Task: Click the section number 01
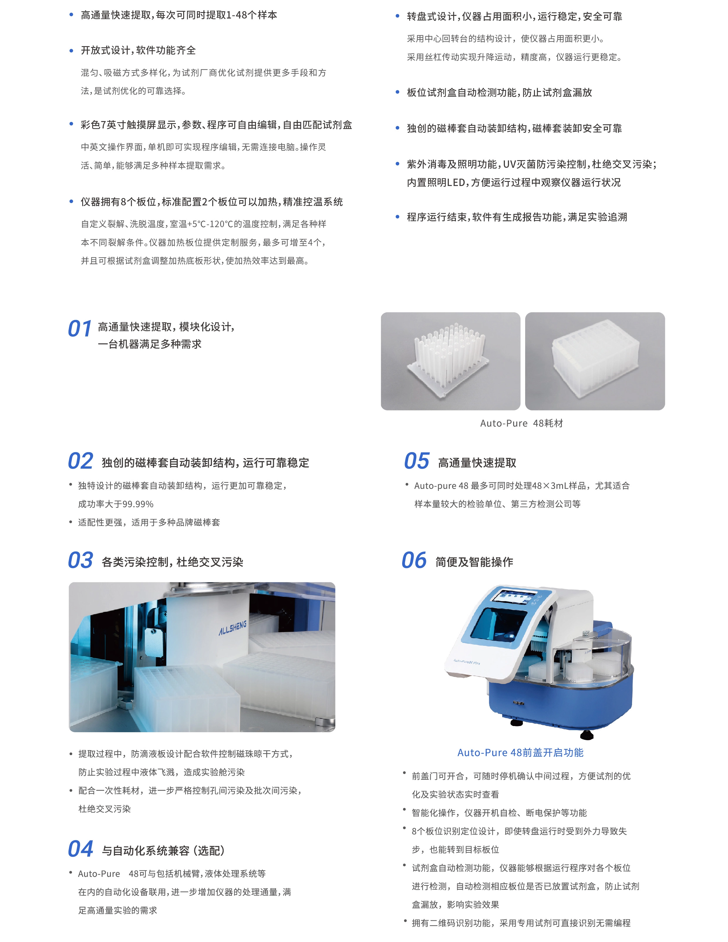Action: pyautogui.click(x=80, y=329)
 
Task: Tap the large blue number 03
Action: pyautogui.click(x=81, y=560)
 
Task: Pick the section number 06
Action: pyautogui.click(x=414, y=560)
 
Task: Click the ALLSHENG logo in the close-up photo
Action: pyautogui.click(x=233, y=628)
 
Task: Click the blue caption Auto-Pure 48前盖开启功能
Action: pyautogui.click(x=520, y=753)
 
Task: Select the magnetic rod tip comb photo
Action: pyautogui.click(x=450, y=361)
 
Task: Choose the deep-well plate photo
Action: pyautogui.click(x=595, y=361)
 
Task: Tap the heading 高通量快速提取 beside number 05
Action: pyautogui.click(x=477, y=463)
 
